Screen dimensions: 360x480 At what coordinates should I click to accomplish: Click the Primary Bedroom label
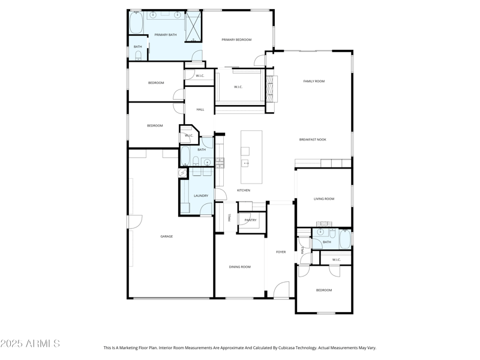[x=236, y=40]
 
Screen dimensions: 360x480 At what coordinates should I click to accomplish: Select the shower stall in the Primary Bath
[x=193, y=26]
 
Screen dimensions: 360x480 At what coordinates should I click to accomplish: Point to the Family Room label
[x=313, y=81]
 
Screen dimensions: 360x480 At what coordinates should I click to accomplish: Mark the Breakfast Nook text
[x=313, y=140]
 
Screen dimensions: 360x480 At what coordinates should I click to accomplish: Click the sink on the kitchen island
[x=246, y=163]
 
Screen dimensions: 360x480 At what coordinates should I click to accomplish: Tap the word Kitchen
[x=243, y=190]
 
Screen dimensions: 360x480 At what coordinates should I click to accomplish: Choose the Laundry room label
[x=201, y=196]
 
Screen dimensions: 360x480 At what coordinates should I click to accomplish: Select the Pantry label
[x=250, y=220]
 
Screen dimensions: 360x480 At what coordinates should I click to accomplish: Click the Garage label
[x=166, y=236]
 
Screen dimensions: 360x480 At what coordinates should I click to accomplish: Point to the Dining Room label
[x=240, y=266]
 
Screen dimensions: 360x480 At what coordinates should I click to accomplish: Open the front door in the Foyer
[x=282, y=292]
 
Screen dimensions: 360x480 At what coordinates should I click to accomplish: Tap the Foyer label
[x=281, y=252]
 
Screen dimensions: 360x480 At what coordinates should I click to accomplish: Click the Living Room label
[x=324, y=199]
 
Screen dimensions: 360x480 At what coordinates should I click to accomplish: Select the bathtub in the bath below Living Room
[x=345, y=239]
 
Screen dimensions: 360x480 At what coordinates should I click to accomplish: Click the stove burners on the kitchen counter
[x=220, y=161]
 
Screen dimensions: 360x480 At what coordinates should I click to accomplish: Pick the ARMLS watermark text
[x=30, y=344]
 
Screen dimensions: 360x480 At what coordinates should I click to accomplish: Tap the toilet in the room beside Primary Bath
[x=138, y=56]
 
